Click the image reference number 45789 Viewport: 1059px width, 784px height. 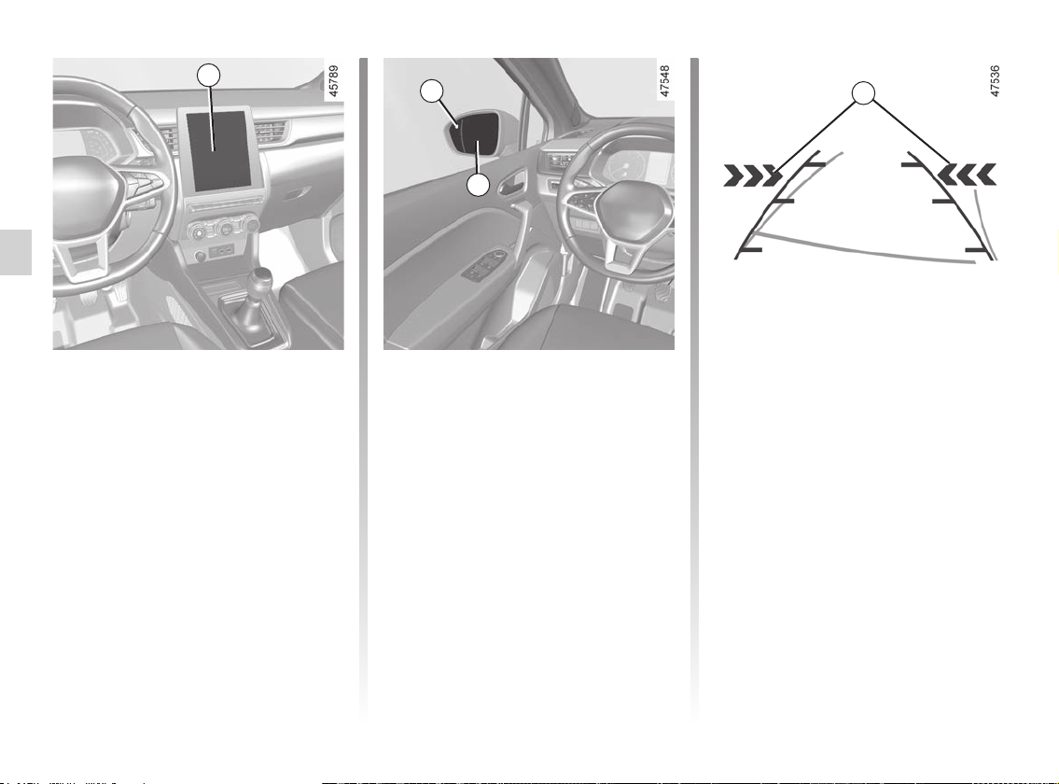334,81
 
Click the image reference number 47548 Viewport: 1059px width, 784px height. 665,81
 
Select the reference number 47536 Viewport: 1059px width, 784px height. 995,81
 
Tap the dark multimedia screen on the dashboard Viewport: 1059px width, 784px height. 217,150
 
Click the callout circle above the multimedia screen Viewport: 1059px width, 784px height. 209,75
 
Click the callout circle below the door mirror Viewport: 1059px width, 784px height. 479,185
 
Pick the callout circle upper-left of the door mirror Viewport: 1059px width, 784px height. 432,91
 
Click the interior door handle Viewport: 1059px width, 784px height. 512,183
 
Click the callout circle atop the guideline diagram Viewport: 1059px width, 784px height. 863,93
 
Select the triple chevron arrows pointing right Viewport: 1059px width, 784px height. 753,175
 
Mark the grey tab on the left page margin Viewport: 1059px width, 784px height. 16,252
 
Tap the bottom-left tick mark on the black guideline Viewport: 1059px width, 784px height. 749,250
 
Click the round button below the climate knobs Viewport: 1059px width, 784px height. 200,256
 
